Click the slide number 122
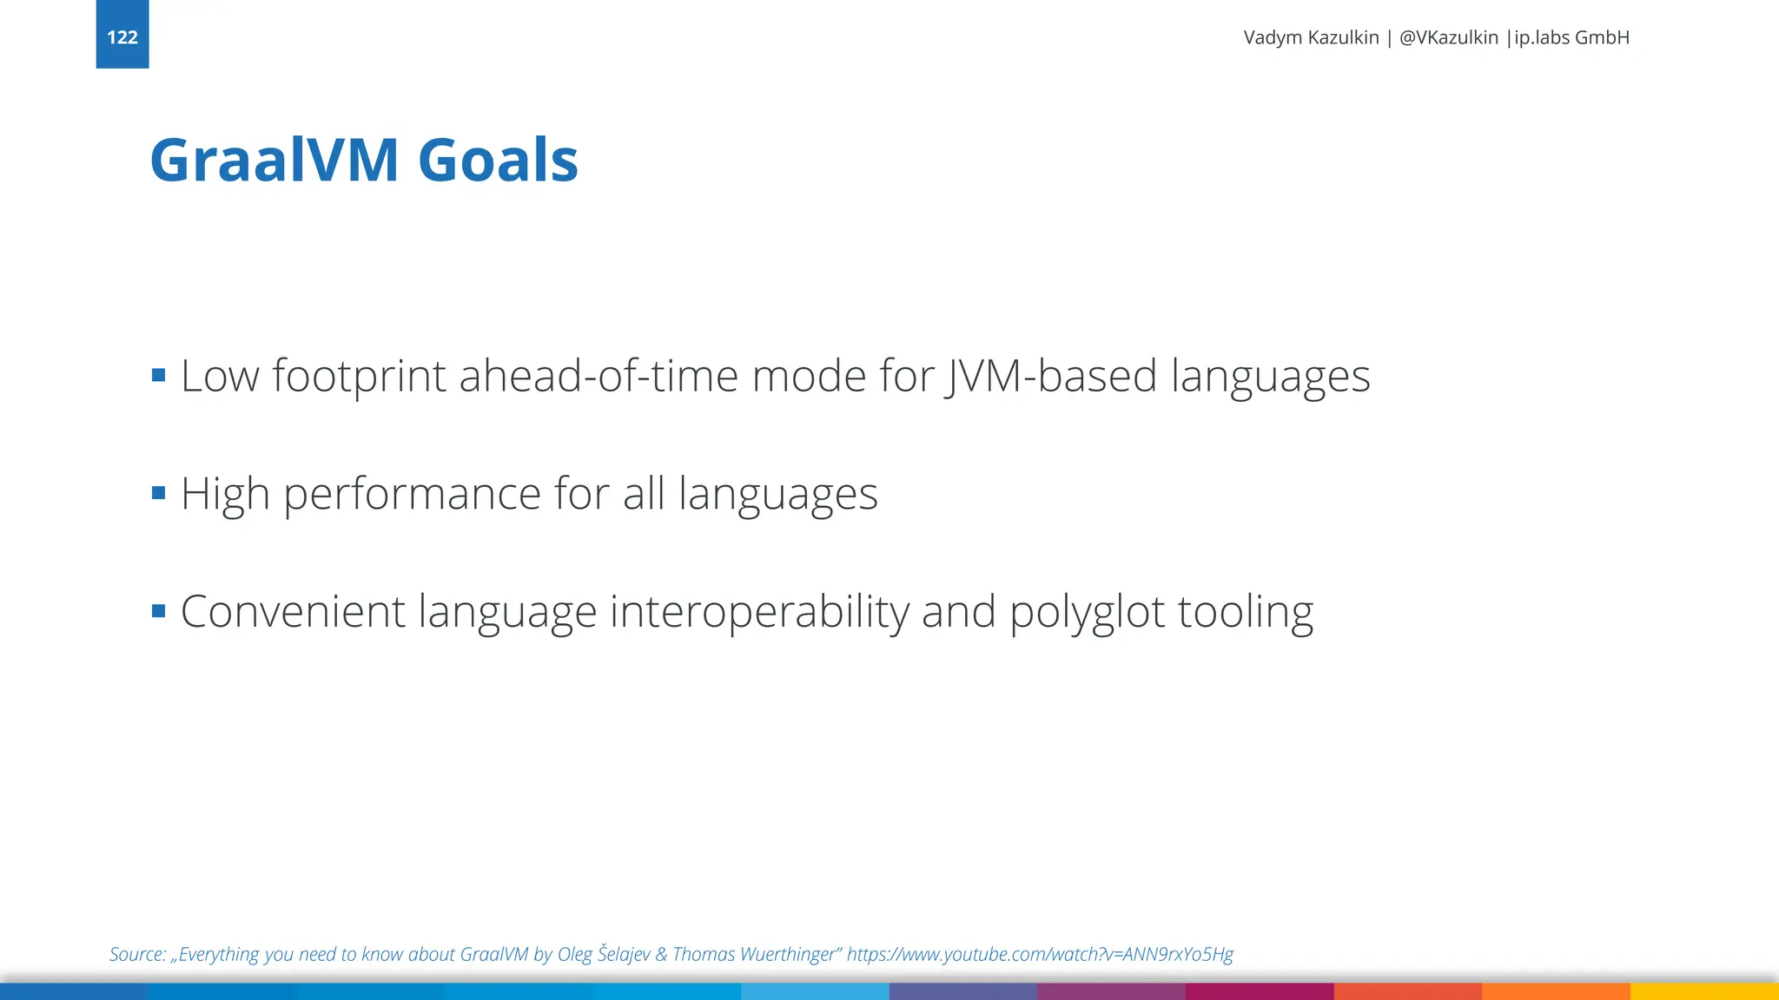coord(122,37)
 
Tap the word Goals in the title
coord(498,161)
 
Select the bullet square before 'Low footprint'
coord(158,375)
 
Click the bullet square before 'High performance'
coord(158,493)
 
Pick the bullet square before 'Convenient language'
coord(158,611)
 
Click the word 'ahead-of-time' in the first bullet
coord(598,377)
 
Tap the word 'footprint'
coord(359,377)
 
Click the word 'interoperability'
coord(758,612)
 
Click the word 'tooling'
coord(1245,612)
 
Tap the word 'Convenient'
coord(293,612)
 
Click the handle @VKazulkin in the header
coord(1448,37)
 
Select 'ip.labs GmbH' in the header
coord(1571,37)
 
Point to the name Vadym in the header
coord(1273,37)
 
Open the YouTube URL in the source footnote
coord(1040,954)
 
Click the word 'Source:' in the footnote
coord(137,954)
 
